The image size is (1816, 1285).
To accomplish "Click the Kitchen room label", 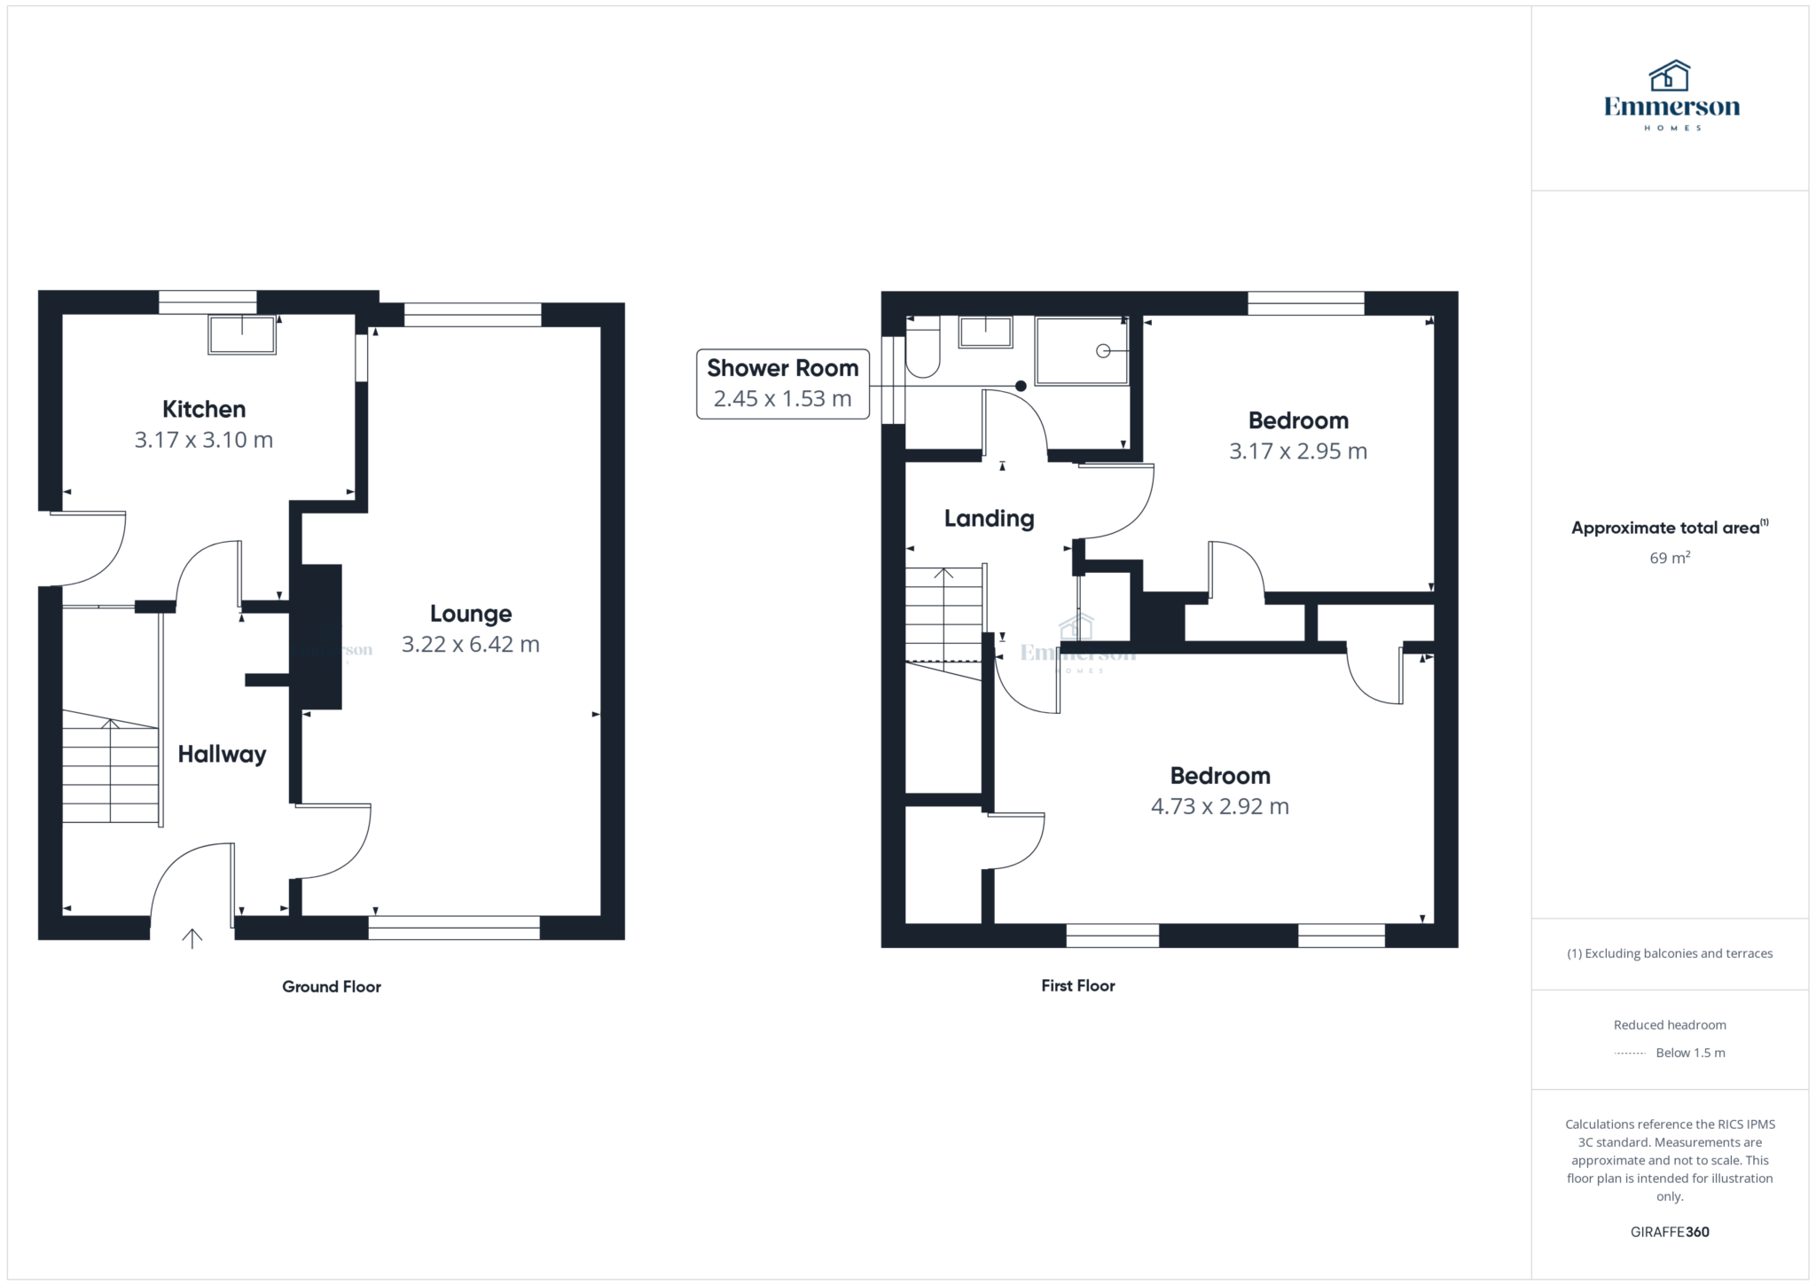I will [203, 409].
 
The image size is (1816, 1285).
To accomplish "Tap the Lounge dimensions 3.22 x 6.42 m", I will [470, 644].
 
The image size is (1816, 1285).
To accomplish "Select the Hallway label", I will [222, 754].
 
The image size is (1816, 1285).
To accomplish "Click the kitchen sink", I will [241, 334].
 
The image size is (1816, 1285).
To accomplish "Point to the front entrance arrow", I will [192, 937].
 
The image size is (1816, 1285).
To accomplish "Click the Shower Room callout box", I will [782, 383].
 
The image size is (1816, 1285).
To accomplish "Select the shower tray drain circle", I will [1103, 351].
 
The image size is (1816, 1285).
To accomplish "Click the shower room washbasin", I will [985, 332].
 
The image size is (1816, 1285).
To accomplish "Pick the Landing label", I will [989, 519].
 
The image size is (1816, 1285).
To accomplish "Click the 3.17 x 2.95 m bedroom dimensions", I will [1297, 451].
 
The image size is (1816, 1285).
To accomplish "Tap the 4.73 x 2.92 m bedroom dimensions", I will [1219, 806].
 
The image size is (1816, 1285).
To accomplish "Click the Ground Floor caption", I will [332, 986].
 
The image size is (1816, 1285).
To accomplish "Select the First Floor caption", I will [1077, 985].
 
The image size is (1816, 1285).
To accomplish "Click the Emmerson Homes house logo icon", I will [1670, 77].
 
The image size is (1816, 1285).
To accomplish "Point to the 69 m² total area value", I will [1669, 558].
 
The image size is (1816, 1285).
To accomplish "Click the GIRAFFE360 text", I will [1670, 1232].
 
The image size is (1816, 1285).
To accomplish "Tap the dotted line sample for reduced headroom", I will [1629, 1054].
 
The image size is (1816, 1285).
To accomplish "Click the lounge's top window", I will [472, 315].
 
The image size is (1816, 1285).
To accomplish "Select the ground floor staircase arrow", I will [110, 725].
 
